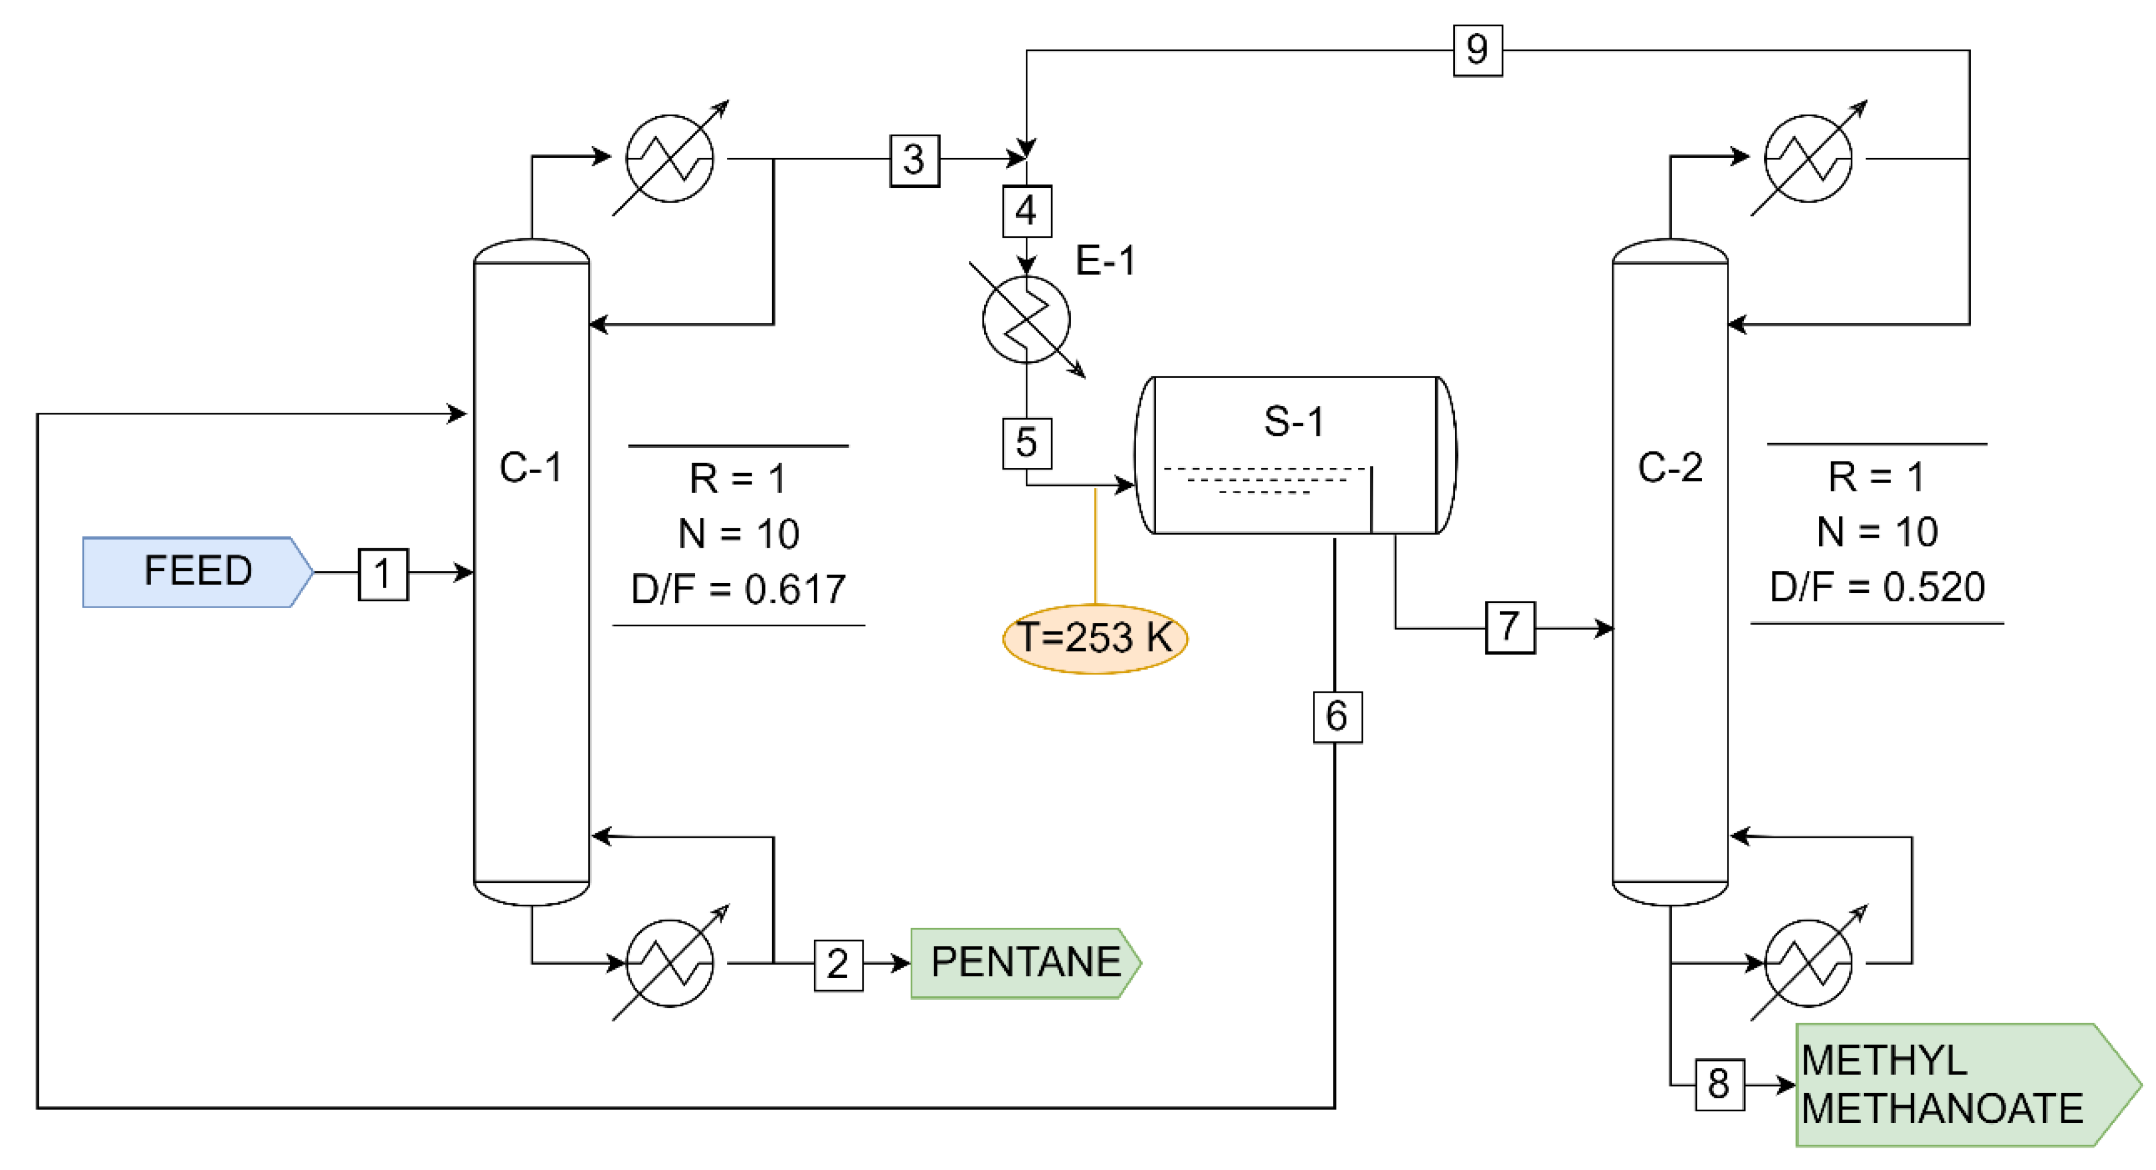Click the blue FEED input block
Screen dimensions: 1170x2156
197,572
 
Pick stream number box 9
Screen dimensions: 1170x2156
1477,50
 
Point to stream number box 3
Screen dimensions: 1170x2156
914,160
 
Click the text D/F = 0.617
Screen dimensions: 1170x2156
738,589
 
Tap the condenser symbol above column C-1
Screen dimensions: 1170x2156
669,158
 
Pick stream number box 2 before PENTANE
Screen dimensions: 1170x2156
838,964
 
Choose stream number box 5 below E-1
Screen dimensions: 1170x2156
1026,443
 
